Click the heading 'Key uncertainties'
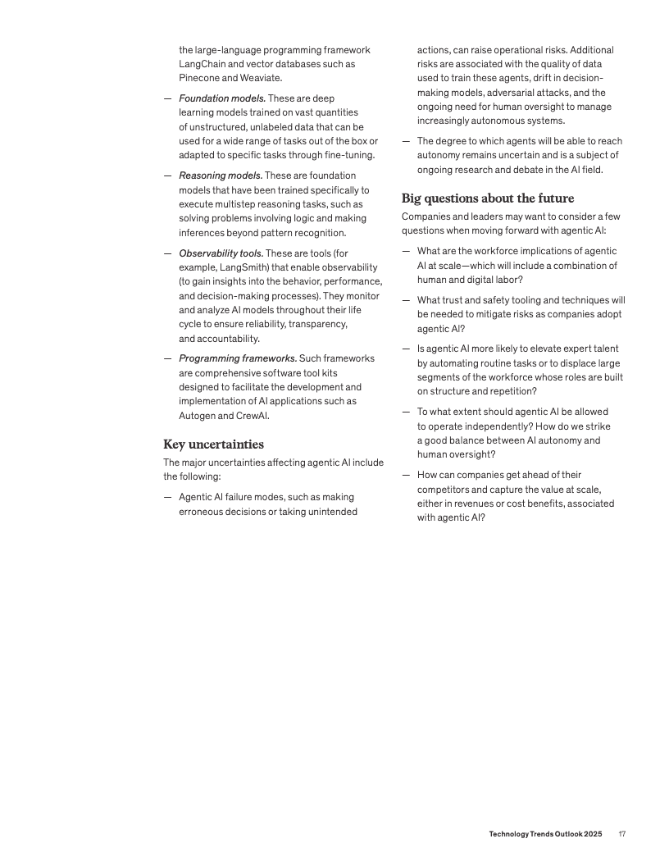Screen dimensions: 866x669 (x=213, y=444)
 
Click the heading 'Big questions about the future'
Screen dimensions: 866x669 (x=487, y=198)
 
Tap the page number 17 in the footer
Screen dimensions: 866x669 (x=622, y=834)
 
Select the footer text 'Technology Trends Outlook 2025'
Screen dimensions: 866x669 (x=545, y=834)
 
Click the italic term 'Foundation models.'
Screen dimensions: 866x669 (x=221, y=98)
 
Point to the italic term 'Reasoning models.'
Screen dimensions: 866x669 (x=221, y=175)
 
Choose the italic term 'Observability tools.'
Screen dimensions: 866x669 (x=221, y=253)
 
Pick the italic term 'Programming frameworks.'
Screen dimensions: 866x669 (x=238, y=358)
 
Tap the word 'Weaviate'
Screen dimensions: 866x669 (x=262, y=78)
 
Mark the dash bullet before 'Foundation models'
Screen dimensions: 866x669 (x=167, y=98)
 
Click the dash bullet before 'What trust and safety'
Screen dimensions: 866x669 (x=406, y=301)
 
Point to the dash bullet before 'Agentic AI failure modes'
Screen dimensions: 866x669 (x=167, y=497)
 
